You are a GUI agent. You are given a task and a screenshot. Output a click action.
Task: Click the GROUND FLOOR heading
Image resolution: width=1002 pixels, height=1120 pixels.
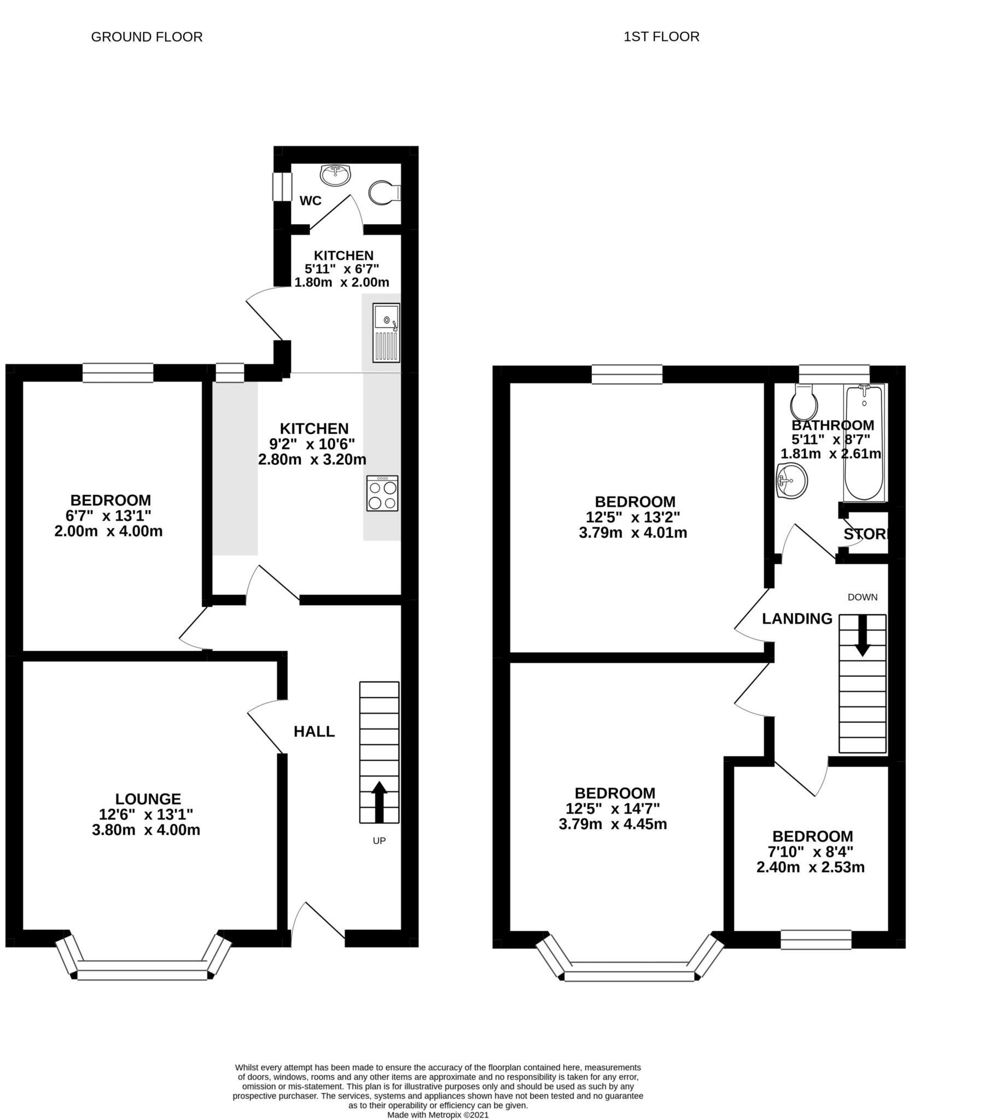click(147, 37)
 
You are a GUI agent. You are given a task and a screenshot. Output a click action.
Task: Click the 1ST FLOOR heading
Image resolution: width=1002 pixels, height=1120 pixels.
click(661, 37)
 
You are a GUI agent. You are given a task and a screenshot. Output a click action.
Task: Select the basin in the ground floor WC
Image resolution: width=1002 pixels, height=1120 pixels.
click(335, 175)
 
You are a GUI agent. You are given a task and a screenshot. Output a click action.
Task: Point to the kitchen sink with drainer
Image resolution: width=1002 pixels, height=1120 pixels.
click(386, 332)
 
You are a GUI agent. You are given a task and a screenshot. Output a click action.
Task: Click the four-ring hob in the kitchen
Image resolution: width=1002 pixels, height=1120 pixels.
click(382, 494)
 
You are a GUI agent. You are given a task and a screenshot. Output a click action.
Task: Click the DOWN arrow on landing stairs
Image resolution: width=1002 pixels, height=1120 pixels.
click(862, 635)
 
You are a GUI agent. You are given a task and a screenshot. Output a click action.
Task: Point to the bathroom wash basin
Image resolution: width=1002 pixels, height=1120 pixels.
click(792, 481)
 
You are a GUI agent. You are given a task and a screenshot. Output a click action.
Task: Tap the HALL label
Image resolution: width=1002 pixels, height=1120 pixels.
click(314, 731)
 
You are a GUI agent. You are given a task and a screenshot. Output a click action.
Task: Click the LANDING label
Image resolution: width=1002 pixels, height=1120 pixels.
click(797, 619)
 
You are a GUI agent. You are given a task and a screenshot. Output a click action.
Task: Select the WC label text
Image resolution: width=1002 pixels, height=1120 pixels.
click(311, 201)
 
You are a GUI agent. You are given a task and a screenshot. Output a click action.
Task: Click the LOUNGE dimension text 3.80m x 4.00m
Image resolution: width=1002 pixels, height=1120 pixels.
click(146, 830)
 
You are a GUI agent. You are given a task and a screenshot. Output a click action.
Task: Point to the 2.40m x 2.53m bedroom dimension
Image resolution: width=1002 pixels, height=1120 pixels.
click(811, 867)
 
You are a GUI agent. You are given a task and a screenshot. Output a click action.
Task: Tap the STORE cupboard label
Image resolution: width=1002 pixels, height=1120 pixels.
click(865, 534)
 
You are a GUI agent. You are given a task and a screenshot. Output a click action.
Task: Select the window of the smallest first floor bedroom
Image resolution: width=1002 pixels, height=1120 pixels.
click(816, 940)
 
